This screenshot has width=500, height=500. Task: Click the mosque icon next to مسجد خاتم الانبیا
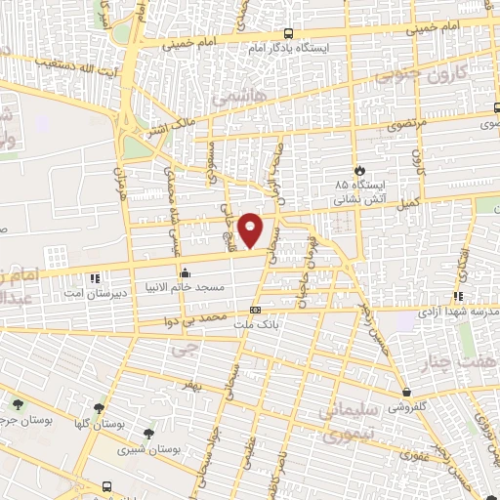pos(185,272)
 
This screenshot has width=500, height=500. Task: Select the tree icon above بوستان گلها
pos(99,408)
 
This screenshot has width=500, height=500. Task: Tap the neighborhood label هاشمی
pos(230,100)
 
